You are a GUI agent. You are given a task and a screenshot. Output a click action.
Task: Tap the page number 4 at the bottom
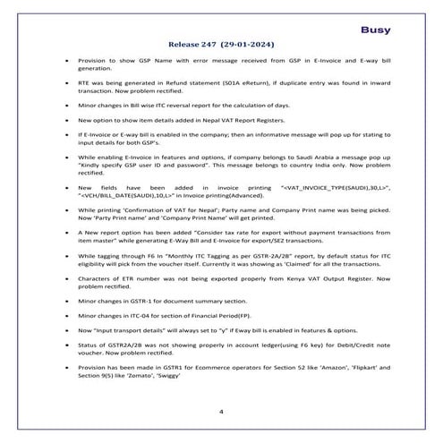click(x=220, y=411)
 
